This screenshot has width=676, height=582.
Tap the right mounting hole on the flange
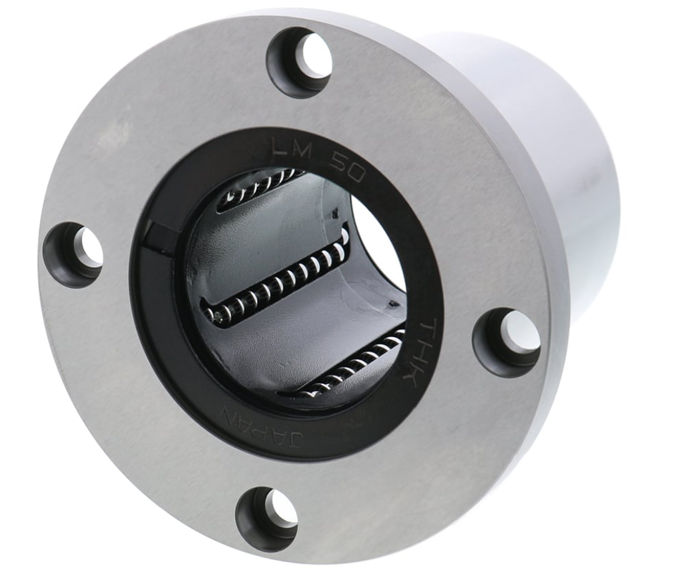coord(506,340)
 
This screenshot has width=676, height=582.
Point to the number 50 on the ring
coord(348,168)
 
